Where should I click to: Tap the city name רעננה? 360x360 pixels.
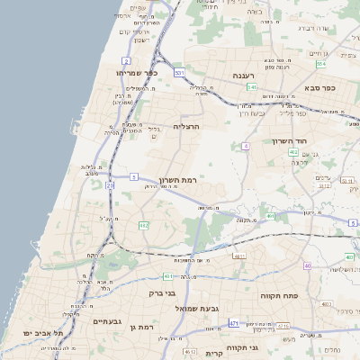pos(244,76)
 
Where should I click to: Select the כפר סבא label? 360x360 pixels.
pos(319,87)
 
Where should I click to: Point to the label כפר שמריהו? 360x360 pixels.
pos(137,72)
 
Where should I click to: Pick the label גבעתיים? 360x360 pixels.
pos(114,321)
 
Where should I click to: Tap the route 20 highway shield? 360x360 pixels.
pos(110,184)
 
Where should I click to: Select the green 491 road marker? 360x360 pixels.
pos(271,216)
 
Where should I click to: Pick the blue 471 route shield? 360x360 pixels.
pos(234,323)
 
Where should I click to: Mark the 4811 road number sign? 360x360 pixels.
pos(239,256)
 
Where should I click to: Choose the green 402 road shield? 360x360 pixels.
pos(293,152)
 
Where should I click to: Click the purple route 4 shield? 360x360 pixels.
pos(246,145)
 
